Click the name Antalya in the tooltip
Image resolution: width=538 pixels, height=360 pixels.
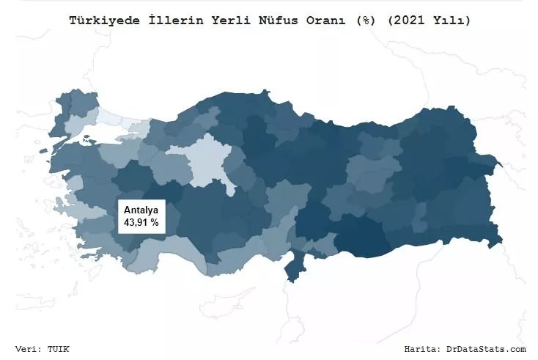pos(141,210)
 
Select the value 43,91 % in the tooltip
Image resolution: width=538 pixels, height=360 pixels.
pos(141,221)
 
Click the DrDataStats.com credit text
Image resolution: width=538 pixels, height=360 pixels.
pos(486,348)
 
